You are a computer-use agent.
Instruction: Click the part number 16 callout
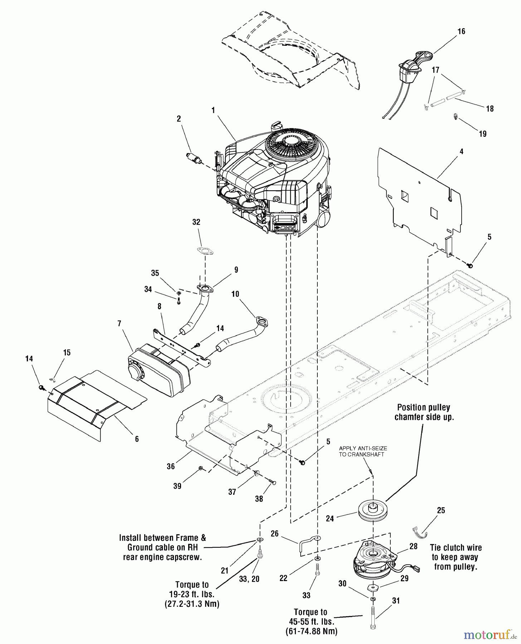pos(461,31)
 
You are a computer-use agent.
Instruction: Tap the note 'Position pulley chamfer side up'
pos(424,412)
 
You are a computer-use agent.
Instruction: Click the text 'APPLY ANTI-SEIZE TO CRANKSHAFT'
pos(363,451)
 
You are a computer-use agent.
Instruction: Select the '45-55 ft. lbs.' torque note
pos(311,621)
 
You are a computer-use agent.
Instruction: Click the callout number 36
pos(171,466)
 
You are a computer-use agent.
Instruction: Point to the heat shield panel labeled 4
pos(419,200)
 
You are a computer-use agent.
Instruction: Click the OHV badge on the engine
pos(284,227)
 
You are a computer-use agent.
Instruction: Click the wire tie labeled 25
pos(420,532)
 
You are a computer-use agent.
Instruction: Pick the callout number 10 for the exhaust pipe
pos(235,294)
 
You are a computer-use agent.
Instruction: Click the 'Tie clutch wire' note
pos(456,557)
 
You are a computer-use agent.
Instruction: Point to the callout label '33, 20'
pos(249,579)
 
